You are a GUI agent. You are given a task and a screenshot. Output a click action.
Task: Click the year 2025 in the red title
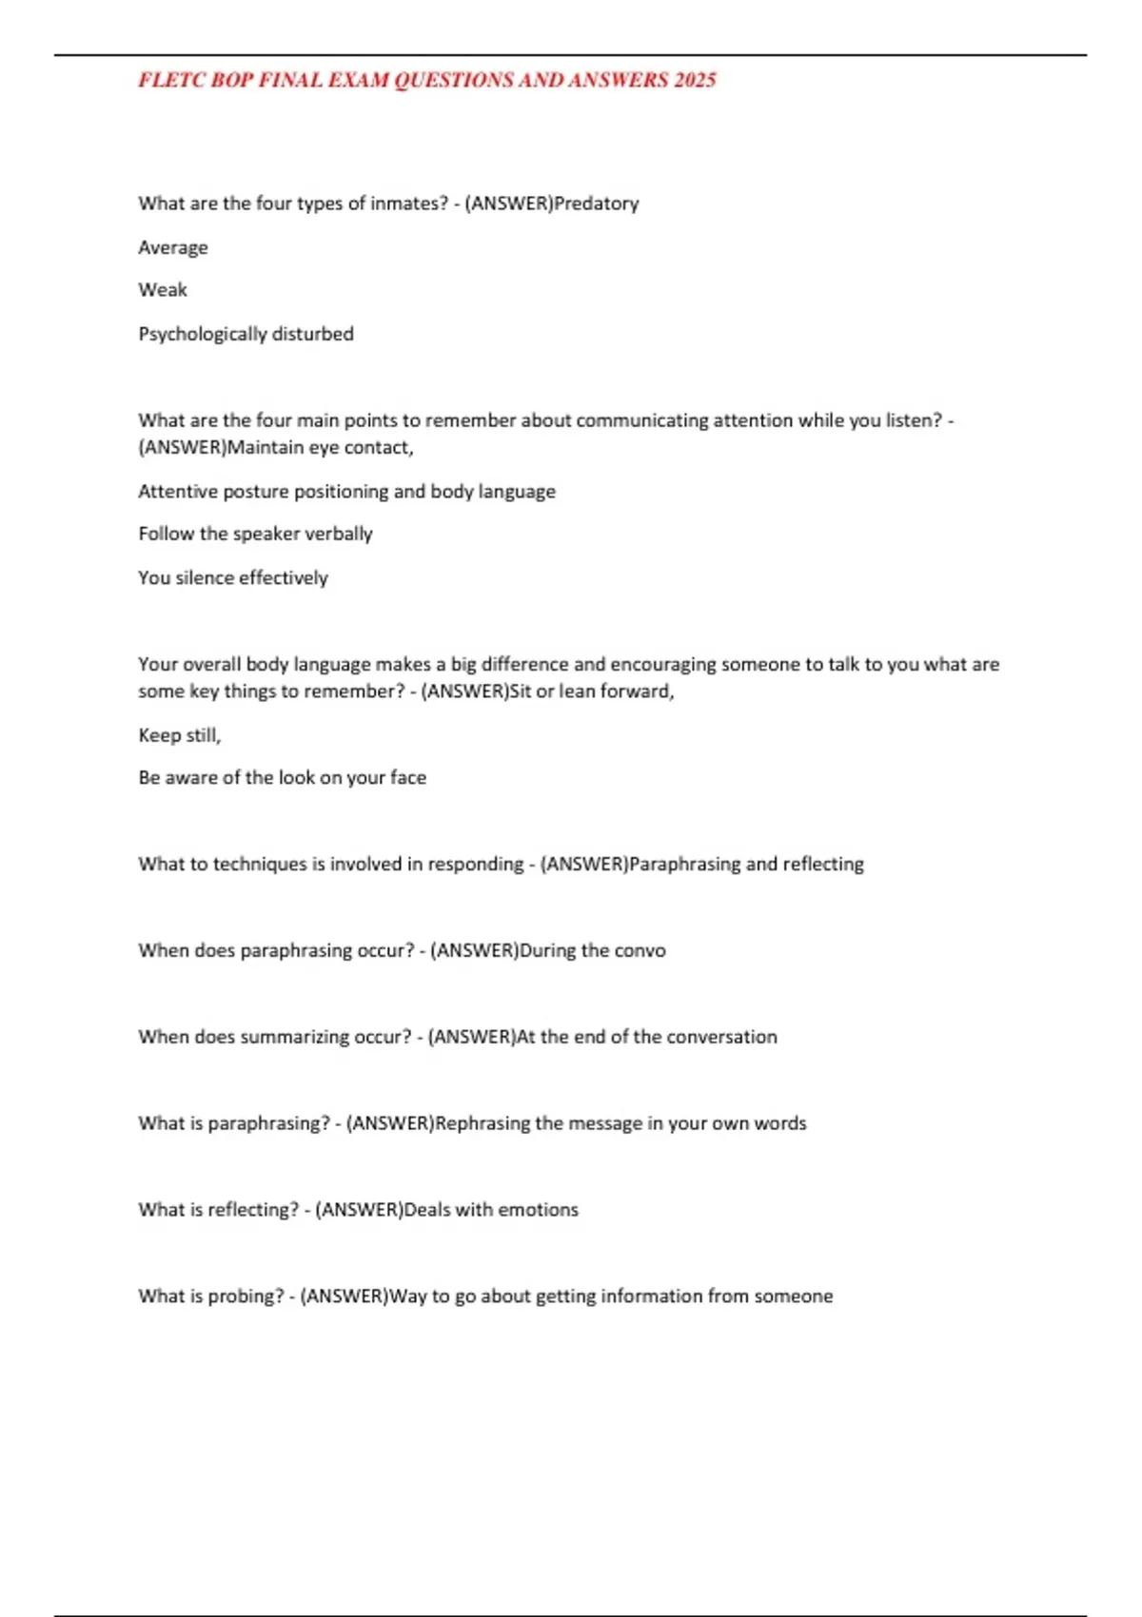click(695, 81)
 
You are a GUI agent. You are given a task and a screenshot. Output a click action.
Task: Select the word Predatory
click(597, 204)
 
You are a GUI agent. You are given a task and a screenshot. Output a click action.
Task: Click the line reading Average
click(173, 247)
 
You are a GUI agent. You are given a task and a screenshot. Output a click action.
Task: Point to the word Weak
click(163, 290)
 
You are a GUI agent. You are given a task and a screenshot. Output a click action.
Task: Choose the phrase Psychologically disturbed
click(246, 334)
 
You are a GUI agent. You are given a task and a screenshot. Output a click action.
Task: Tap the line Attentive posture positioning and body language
click(346, 492)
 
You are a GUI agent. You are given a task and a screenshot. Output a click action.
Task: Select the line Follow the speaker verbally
click(255, 534)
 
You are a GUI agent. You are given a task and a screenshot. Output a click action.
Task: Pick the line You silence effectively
click(233, 577)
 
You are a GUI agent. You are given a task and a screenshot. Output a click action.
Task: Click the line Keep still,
click(180, 735)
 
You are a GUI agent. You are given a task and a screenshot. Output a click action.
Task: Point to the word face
click(407, 778)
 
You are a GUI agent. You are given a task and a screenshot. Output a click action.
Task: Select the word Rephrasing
click(482, 1123)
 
